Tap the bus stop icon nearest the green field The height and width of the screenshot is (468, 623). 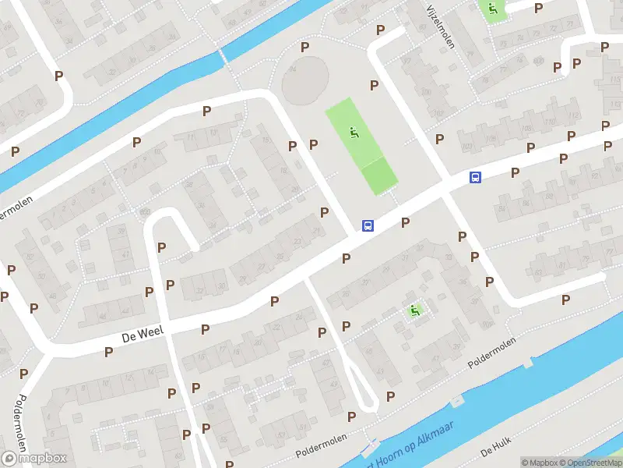coord(368,226)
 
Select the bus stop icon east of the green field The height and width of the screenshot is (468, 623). coord(474,177)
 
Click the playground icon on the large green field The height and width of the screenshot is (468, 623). coord(354,133)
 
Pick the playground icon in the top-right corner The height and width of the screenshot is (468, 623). coord(491,10)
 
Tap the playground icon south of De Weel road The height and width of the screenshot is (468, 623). coord(415,310)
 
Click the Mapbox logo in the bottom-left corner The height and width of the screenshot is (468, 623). coord(34,458)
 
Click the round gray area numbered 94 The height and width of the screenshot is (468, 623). coord(305,82)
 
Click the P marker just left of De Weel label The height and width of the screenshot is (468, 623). coord(108,352)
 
